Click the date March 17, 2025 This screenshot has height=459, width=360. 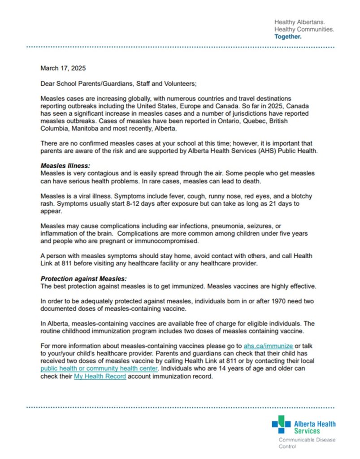coord(63,69)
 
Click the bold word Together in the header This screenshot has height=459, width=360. coord(288,37)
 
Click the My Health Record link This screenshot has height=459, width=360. coord(100,377)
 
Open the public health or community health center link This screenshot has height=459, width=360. coord(99,369)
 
